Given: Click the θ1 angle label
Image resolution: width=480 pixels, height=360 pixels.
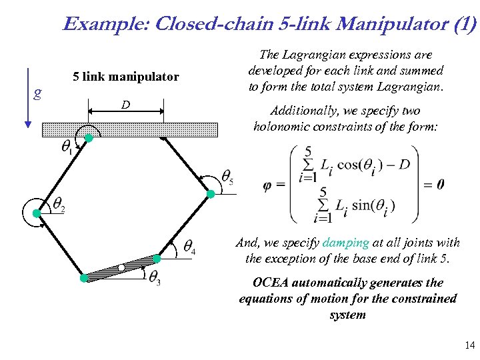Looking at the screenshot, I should [67, 148].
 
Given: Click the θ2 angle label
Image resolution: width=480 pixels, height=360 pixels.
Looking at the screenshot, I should [59, 205].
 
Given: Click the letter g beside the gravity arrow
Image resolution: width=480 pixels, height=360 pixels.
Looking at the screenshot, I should [38, 93].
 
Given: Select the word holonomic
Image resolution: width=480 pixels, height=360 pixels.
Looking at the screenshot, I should [283, 127].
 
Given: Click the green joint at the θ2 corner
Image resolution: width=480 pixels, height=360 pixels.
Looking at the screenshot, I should [38, 213].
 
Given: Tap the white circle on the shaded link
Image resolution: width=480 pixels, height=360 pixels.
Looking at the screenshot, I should [121, 267].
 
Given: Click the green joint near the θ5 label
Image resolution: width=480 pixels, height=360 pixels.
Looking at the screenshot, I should [211, 194].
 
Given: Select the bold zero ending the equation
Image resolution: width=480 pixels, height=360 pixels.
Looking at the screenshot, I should [441, 185].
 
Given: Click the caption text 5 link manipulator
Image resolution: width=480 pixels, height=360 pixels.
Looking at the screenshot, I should [126, 77].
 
